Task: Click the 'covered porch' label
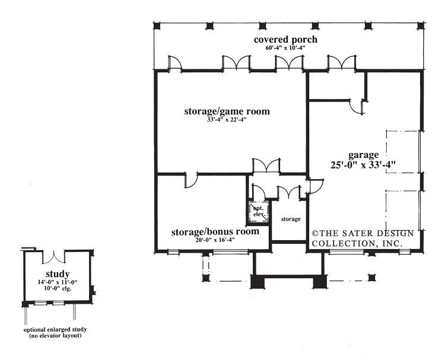pos(285,40)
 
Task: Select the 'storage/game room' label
pos(227,111)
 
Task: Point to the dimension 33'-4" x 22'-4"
pos(227,120)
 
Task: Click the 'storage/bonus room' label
pos(215,231)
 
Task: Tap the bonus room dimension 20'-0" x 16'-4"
pos(215,240)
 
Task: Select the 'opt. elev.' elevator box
pos(258,211)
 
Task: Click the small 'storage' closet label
pos(290,219)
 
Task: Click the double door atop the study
pos(57,256)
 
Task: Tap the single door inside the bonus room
pos(191,180)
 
